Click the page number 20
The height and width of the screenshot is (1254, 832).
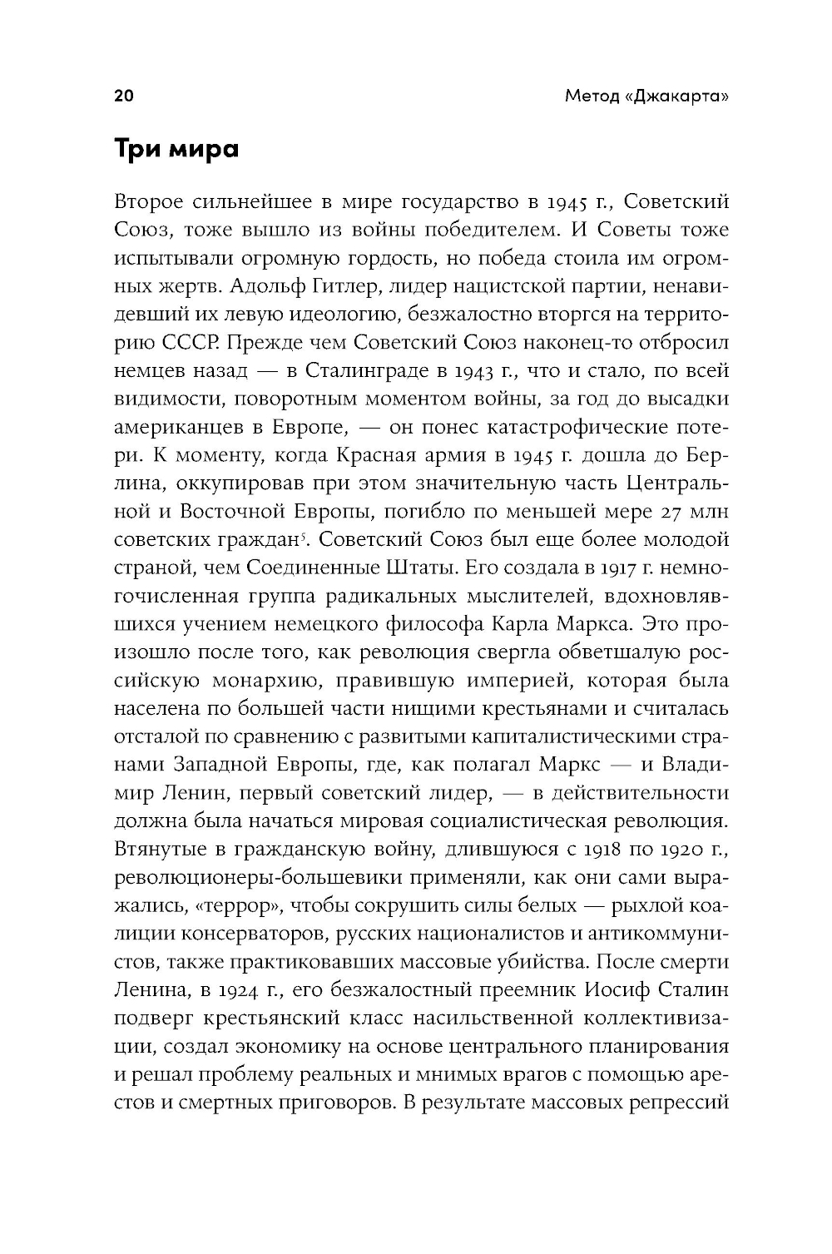click(x=123, y=96)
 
